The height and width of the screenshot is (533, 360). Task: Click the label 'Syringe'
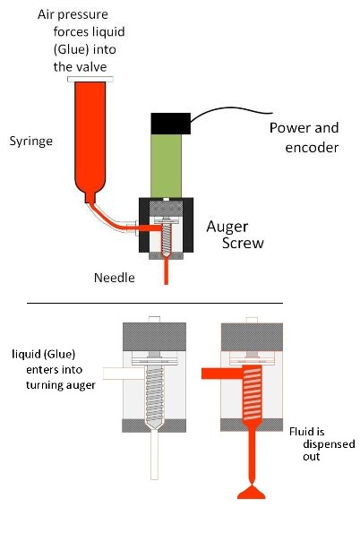point(30,142)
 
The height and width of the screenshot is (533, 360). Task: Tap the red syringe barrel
point(91,134)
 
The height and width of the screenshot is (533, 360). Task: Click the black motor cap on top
point(170,122)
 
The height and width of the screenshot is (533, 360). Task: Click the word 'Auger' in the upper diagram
point(228,226)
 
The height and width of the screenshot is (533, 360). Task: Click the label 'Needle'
point(115,278)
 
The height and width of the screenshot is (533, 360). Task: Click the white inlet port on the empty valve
point(117,372)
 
